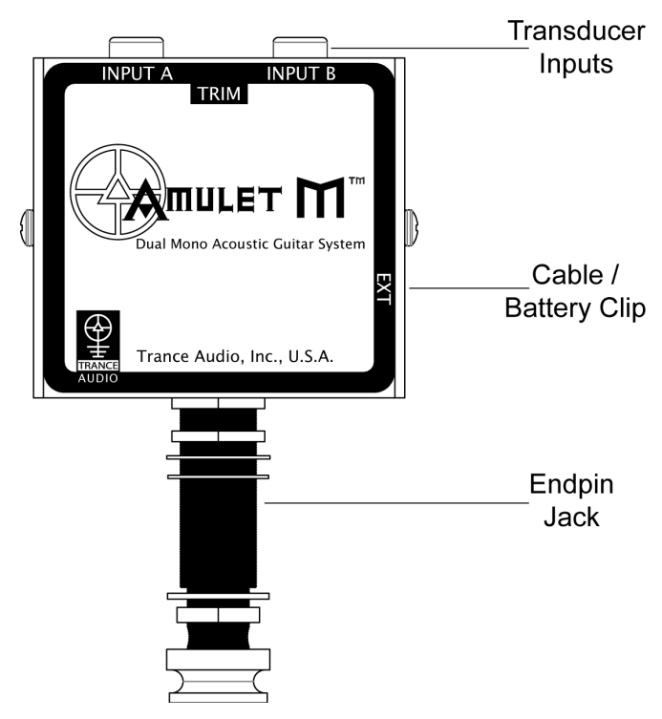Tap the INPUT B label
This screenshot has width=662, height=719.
303,73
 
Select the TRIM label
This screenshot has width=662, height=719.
218,93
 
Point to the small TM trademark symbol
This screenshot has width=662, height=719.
354,182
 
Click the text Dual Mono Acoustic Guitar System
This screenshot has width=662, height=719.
249,244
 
